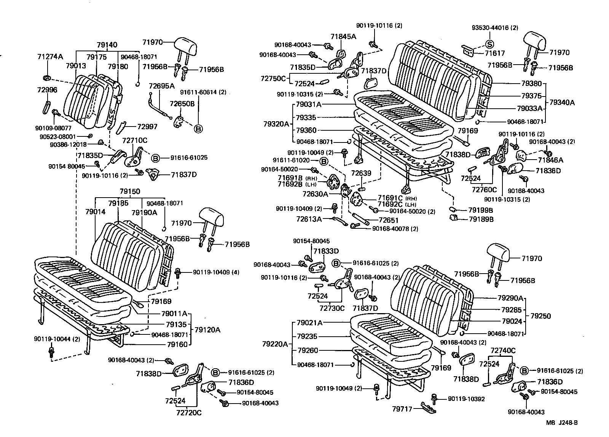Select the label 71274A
[x=50, y=57]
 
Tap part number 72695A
[x=161, y=86]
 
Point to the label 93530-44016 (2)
[x=495, y=28]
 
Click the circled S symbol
[x=489, y=43]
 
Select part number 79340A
[x=562, y=103]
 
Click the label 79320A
[x=276, y=124]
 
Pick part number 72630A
[x=315, y=194]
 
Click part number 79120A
[x=207, y=329]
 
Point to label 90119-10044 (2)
[x=57, y=339]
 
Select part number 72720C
[x=189, y=412]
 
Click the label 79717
[x=402, y=409]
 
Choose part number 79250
[x=540, y=316]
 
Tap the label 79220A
[x=275, y=344]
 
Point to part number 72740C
[x=503, y=350]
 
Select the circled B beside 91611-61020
[x=324, y=161]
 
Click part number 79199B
[x=480, y=210]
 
